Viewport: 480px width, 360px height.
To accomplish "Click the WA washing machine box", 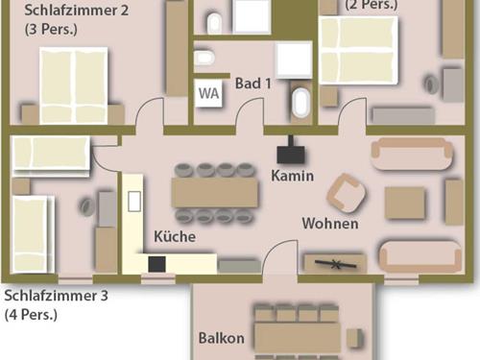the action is click(209, 93).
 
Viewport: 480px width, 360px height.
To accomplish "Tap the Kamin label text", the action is click(292, 176).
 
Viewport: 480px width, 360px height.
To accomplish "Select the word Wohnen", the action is click(330, 224).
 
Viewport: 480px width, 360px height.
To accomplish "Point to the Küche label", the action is click(175, 236).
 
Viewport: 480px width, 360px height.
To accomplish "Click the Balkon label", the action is click(221, 338).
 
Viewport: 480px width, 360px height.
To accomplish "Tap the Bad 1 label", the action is click(253, 84).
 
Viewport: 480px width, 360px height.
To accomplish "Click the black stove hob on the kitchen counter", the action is click(156, 264).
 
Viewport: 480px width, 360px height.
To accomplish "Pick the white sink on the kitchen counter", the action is click(134, 202).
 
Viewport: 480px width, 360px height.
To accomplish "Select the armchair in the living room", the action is click(347, 193).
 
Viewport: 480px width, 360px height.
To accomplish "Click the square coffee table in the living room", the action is click(405, 203).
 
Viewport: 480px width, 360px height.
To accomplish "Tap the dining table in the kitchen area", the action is click(214, 192).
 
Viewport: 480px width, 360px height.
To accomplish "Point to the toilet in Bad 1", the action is click(204, 58).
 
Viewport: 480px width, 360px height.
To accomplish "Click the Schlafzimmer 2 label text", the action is click(77, 10).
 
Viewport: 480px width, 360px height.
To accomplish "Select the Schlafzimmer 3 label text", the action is click(56, 296).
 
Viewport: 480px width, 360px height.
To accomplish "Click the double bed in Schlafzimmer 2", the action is click(74, 85).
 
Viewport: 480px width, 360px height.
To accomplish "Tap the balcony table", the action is click(298, 338).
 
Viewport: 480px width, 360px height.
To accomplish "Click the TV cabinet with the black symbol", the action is click(335, 264).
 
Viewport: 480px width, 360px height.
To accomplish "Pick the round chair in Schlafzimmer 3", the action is click(86, 206).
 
